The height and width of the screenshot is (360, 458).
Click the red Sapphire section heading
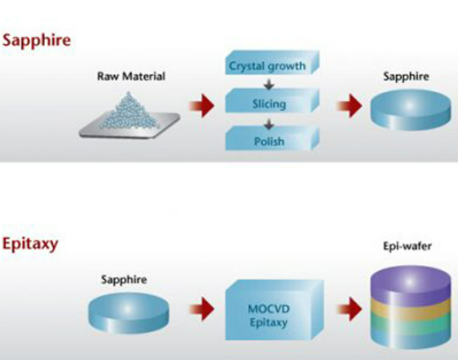tap(36, 41)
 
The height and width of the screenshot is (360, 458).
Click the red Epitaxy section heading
tap(30, 244)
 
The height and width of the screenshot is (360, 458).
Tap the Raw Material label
tap(131, 77)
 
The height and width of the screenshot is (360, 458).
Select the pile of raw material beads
tap(129, 112)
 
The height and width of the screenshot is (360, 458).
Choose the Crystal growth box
tap(272, 63)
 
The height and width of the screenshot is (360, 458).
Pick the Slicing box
tap(272, 101)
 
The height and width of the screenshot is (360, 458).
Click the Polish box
tap(272, 139)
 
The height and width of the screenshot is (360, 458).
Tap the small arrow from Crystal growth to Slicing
tap(269, 85)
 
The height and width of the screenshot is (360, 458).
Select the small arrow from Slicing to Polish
tap(269, 123)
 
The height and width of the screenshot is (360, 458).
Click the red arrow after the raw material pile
tap(202, 105)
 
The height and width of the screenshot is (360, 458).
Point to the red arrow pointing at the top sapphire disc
tap(350, 105)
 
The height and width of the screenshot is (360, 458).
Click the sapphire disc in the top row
tap(410, 110)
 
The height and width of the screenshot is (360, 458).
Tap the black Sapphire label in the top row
tap(406, 77)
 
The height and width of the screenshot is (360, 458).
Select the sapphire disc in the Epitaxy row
tap(129, 313)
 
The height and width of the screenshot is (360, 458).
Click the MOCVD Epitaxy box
tap(274, 310)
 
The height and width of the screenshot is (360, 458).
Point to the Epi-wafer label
tap(408, 247)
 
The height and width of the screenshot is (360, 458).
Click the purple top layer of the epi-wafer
tap(410, 283)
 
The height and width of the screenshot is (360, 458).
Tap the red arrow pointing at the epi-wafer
tap(350, 309)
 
